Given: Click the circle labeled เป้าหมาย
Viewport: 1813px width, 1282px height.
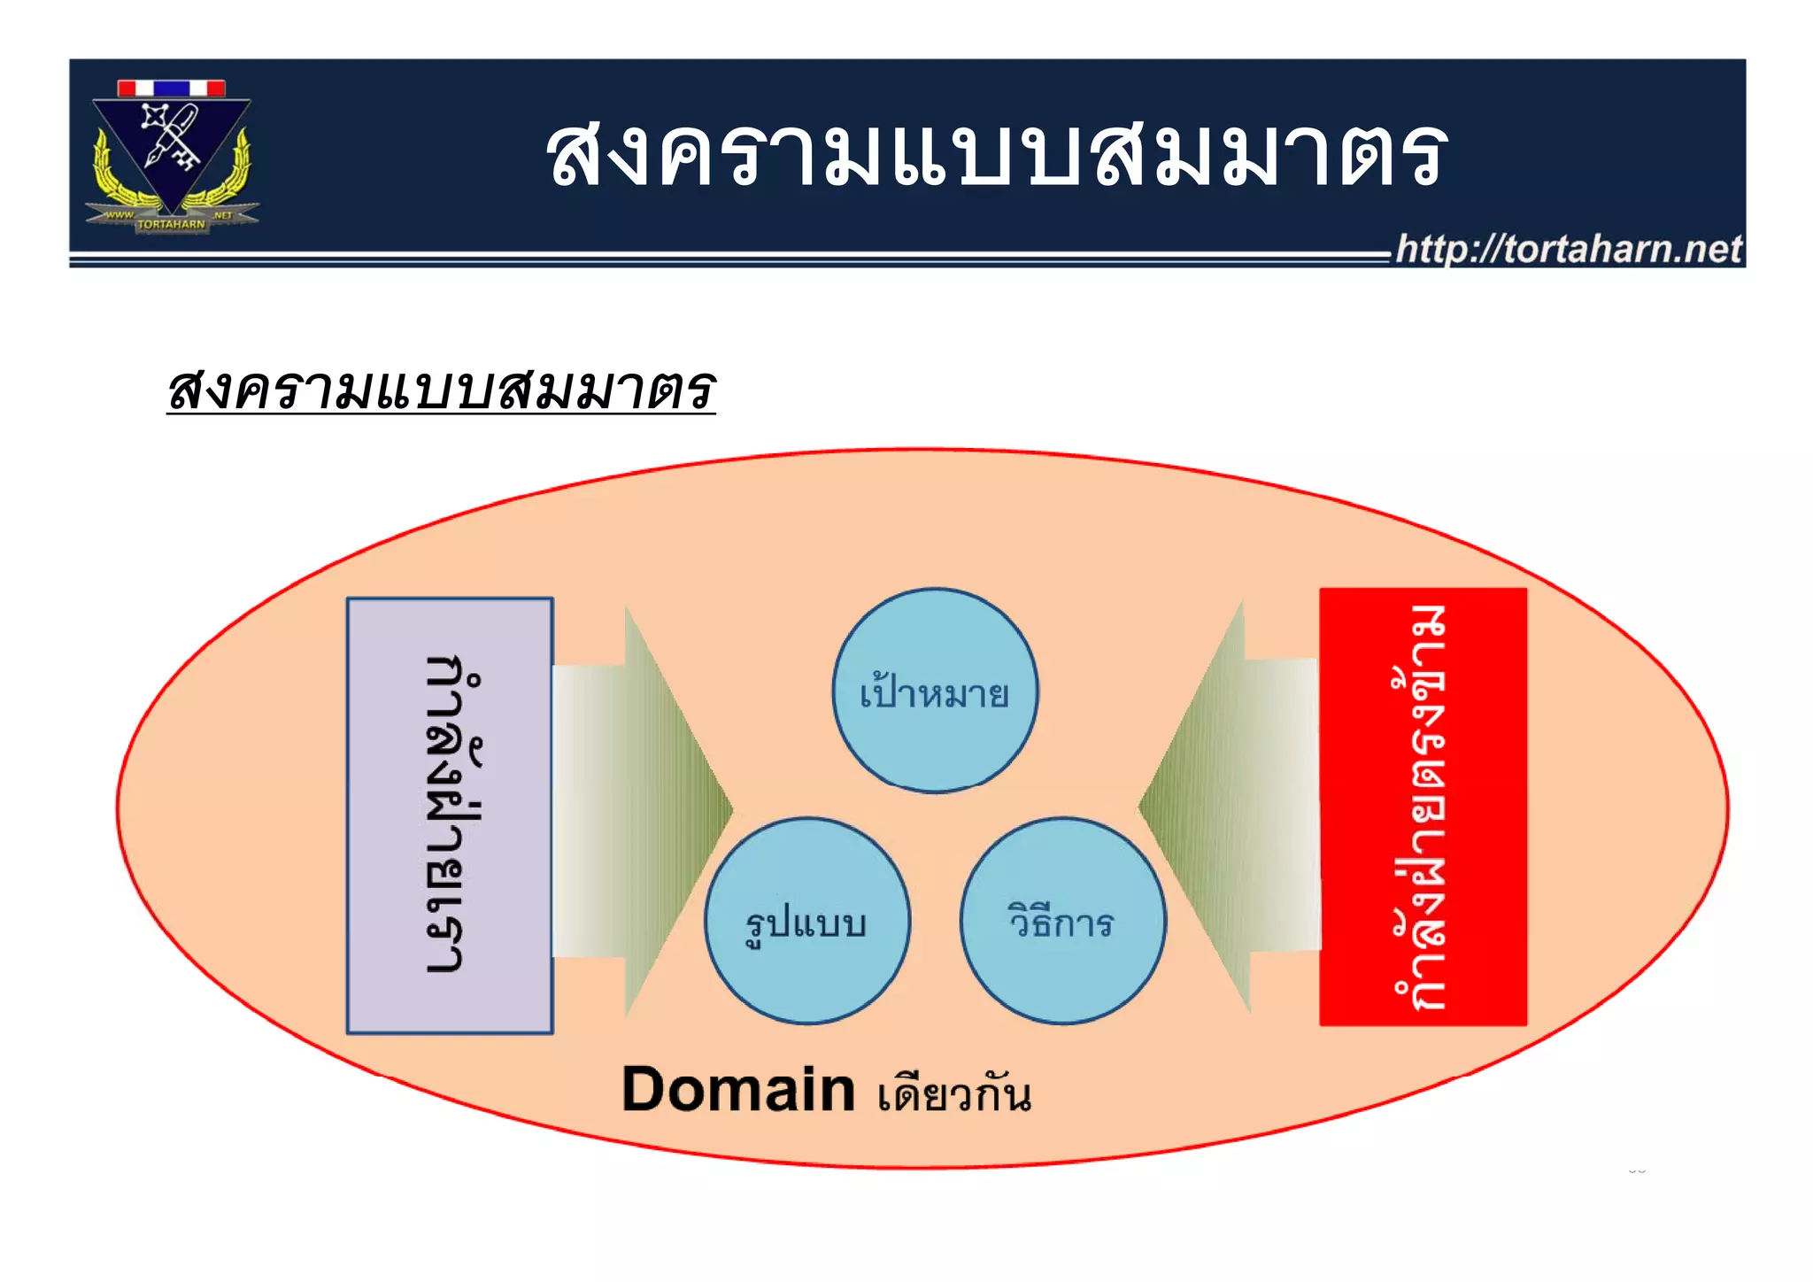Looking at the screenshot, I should tap(935, 691).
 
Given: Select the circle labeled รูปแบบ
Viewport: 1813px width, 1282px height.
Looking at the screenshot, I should tap(806, 921).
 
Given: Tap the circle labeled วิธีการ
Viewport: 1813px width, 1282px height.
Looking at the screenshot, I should tap(1062, 921).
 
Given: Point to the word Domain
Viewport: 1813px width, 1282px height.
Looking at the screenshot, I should tap(737, 1090).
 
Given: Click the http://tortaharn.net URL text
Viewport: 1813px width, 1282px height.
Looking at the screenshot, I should tap(1568, 250).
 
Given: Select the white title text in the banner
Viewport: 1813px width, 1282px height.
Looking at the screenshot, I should tap(996, 155).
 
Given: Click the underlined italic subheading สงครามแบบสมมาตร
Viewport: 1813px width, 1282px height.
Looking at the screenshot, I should tap(441, 390).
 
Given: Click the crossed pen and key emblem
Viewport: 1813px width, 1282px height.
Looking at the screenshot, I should tap(172, 137).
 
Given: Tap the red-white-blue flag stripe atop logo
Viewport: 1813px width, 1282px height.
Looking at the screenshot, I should tap(172, 88).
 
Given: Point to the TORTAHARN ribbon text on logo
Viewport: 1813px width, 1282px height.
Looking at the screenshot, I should tap(172, 224).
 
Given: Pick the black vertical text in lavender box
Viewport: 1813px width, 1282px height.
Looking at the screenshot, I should tap(451, 815).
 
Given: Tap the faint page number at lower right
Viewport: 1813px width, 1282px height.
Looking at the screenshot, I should tap(1636, 1170).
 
